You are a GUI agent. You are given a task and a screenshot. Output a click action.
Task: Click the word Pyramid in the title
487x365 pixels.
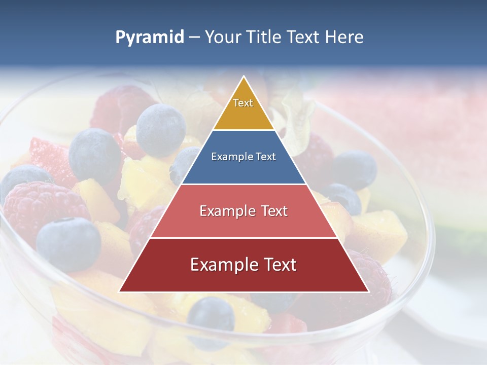pyautogui.click(x=149, y=38)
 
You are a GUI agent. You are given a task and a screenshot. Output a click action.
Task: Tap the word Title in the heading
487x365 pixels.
pyautogui.click(x=265, y=38)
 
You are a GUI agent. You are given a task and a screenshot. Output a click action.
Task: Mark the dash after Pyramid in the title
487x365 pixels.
pyautogui.click(x=194, y=38)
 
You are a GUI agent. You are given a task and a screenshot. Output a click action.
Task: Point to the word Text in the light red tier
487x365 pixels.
pyautogui.click(x=271, y=211)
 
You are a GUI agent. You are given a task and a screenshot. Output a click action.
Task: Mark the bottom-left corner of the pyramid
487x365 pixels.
pyautogui.click(x=120, y=291)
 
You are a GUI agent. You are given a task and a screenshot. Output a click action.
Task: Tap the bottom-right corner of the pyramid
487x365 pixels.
pyautogui.click(x=368, y=291)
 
